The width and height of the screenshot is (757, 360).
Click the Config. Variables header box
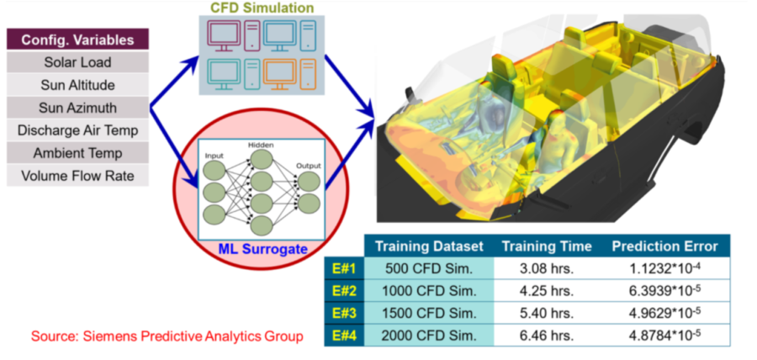[x=77, y=40]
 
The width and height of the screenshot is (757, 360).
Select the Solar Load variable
[x=77, y=62]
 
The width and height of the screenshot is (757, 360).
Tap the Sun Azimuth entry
[x=77, y=108]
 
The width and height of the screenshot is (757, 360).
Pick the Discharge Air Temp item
[x=77, y=130]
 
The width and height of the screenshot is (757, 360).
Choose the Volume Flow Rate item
[x=77, y=176]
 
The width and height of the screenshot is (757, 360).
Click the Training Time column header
[x=546, y=246]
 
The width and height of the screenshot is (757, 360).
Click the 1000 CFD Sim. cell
[x=431, y=291]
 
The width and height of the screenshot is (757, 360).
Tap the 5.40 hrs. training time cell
[x=546, y=313]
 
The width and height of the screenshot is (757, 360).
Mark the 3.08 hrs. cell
[x=546, y=269]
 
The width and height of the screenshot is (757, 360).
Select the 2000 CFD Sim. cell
[x=431, y=335]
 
